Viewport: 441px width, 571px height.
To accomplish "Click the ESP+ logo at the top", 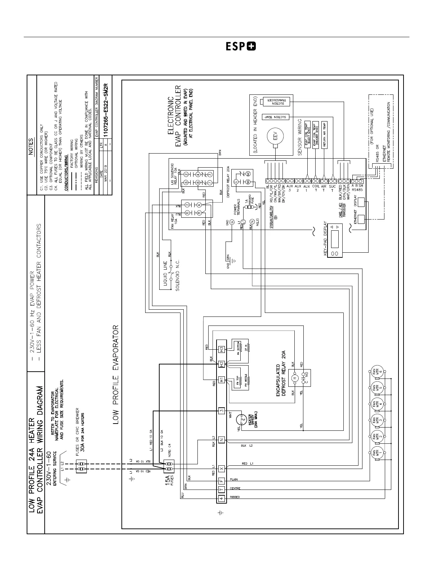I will pos(241,47).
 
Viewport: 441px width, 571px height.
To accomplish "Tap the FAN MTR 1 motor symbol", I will pos(377,453).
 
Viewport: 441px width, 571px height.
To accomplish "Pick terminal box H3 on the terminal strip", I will pos(221,350).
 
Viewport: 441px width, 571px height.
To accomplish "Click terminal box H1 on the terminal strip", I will pos(221,380).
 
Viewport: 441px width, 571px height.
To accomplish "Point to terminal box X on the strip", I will pos(221,468).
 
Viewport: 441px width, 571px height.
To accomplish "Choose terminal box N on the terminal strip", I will pos(221,439).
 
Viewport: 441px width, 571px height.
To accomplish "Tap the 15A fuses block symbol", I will pos(169,466).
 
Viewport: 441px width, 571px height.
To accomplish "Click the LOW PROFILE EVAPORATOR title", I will pos(116,375).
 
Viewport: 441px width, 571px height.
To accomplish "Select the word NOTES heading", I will pos(31,147).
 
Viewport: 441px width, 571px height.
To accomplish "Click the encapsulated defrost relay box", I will pos(299,379).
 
